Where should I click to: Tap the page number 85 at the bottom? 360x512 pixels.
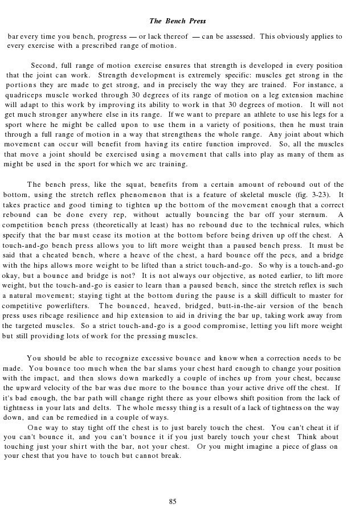[x=173, y=501]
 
